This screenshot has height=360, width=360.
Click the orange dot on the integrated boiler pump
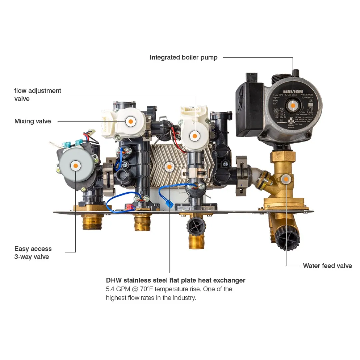293,105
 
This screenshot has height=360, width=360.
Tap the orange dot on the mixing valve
131,121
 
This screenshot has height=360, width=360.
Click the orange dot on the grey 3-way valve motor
76,165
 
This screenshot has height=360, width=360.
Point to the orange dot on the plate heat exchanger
169,166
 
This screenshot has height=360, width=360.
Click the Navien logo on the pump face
293,91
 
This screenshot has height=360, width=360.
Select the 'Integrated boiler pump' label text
183,58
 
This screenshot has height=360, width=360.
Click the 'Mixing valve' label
33,121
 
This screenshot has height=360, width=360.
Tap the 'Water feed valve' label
327,266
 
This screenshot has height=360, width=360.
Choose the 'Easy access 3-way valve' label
33,253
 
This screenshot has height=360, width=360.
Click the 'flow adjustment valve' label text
38,95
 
